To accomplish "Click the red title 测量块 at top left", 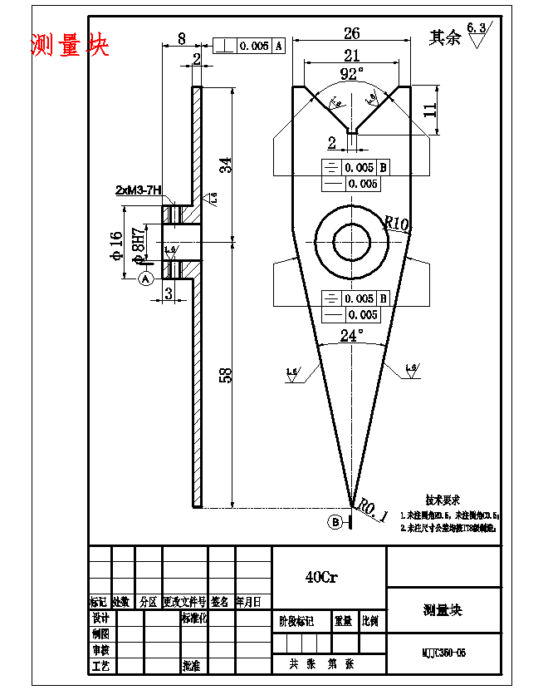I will coord(70,44).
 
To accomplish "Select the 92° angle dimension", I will coord(352,74).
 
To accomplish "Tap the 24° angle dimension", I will coord(352,336).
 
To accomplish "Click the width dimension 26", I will coord(351,33).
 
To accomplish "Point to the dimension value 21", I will coord(351,56).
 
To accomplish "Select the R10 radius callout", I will coord(397,224).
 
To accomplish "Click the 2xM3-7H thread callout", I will coord(139,190).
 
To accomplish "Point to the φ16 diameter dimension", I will coord(117,246).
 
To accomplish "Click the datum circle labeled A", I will coord(146,279).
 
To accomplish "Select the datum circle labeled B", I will coord(335,522).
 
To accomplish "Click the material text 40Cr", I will coord(320,576).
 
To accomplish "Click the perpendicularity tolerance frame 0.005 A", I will coord(249,46).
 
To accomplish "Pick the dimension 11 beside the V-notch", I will coord(429,110).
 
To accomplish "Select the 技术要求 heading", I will coord(443,500).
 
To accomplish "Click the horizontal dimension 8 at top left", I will coord(182,37).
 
